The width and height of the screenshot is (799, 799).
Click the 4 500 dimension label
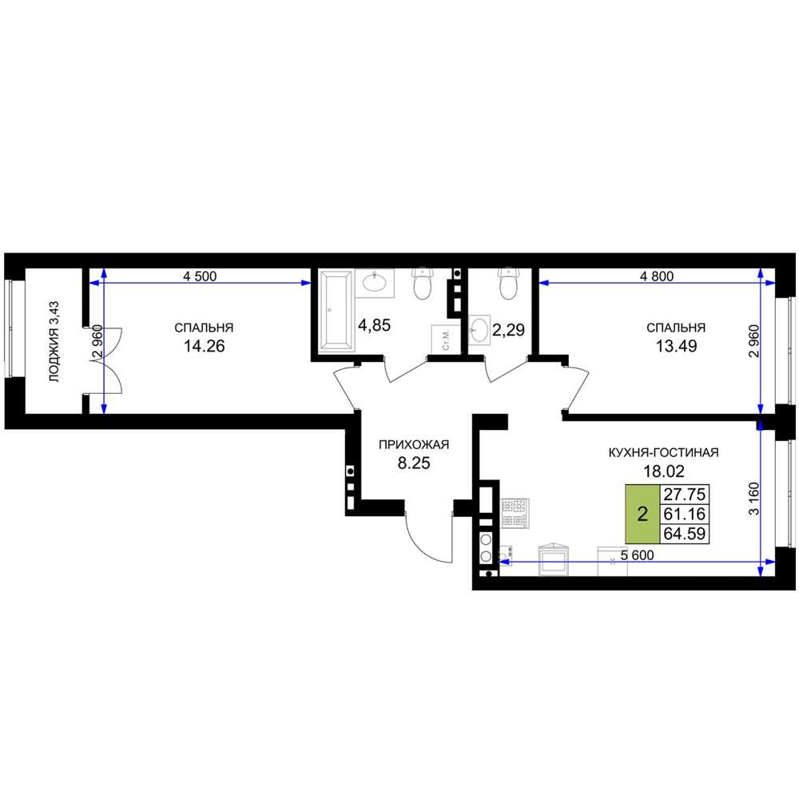(x=200, y=276)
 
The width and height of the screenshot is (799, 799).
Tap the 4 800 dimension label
(x=657, y=276)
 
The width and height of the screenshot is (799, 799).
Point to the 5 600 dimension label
(x=637, y=555)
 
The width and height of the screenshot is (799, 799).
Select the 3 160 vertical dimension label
(x=754, y=499)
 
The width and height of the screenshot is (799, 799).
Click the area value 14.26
(x=204, y=347)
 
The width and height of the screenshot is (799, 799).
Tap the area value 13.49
(x=676, y=347)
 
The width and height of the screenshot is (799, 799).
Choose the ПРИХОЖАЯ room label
(x=414, y=445)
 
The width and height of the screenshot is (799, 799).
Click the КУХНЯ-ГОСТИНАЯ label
(x=663, y=452)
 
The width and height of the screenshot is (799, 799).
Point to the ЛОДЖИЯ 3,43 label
(x=54, y=342)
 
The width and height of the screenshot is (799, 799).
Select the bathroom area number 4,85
(x=375, y=325)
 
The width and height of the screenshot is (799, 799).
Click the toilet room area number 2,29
(x=508, y=330)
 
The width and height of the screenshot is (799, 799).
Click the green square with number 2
(x=642, y=514)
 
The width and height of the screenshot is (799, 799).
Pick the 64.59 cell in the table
(x=685, y=534)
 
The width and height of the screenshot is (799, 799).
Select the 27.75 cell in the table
(x=685, y=495)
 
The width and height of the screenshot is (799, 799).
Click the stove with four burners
(x=515, y=513)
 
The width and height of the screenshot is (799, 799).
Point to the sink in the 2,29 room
(x=479, y=332)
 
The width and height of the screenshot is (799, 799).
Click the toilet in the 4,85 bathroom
(x=423, y=284)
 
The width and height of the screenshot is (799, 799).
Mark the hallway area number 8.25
(x=414, y=463)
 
